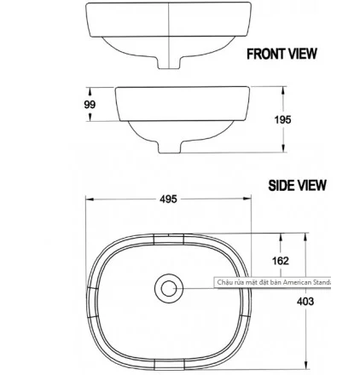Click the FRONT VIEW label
point(282,54)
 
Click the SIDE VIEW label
point(298,185)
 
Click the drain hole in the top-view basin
point(168,287)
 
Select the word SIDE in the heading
point(282,185)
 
